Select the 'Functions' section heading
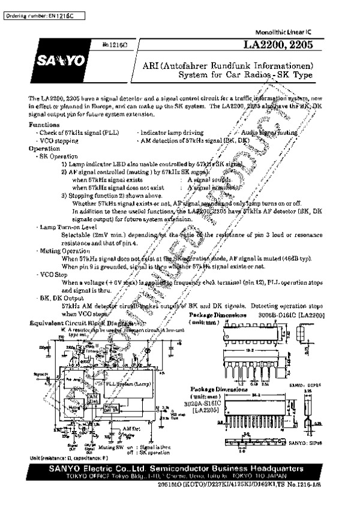point(44,124)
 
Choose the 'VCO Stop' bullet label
point(53,273)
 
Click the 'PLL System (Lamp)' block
point(136,382)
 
